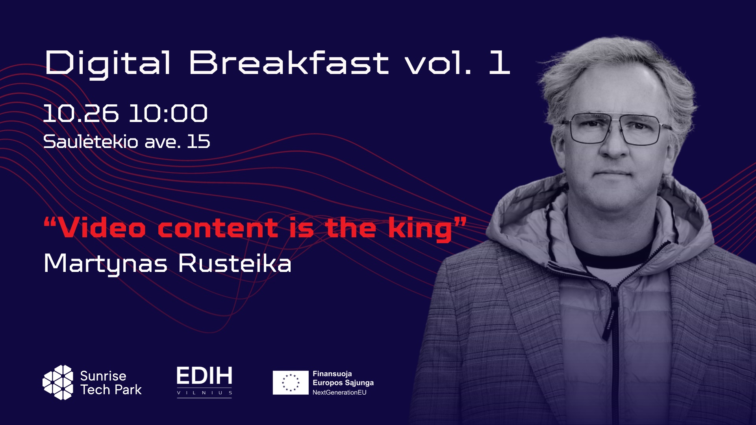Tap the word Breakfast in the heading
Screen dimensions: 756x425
click(x=289, y=63)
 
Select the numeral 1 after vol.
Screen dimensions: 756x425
click(x=500, y=63)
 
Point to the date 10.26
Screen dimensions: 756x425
click(x=81, y=113)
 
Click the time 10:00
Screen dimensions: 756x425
click(x=168, y=113)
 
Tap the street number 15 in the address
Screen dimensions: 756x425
click(x=198, y=142)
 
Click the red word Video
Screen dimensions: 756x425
click(x=102, y=228)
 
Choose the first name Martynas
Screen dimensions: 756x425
click(x=106, y=264)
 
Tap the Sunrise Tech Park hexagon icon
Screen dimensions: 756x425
click(x=58, y=382)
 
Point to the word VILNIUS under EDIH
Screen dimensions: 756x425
click(x=204, y=393)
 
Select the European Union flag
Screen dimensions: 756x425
click(x=291, y=382)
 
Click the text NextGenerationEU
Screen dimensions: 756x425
click(x=339, y=392)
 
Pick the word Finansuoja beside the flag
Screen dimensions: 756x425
click(x=332, y=374)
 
